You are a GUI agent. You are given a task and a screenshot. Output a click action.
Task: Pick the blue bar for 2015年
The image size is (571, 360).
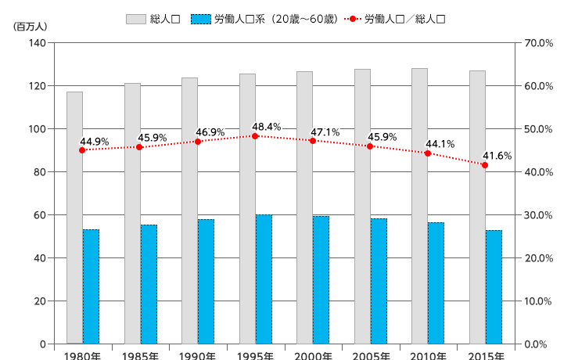tap(494, 287)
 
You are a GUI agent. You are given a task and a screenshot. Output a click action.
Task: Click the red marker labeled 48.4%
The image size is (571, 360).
tap(255, 136)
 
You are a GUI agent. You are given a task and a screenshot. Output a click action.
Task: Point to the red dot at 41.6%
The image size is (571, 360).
tap(485, 165)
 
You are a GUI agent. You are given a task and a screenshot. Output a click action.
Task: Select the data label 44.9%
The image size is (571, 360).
tap(95, 142)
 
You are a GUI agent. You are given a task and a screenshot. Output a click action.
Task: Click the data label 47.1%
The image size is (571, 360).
tap(325, 132)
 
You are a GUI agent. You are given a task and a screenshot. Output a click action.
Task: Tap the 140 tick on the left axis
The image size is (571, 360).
tap(37, 43)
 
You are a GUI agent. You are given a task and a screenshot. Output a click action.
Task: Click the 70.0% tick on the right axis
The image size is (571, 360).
tap(537, 43)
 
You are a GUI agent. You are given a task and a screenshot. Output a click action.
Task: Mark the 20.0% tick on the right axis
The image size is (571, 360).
tap(537, 258)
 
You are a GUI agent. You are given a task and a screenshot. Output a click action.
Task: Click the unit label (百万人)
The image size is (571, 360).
tap(31, 26)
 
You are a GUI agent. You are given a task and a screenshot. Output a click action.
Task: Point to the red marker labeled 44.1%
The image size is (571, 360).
tap(428, 153)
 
